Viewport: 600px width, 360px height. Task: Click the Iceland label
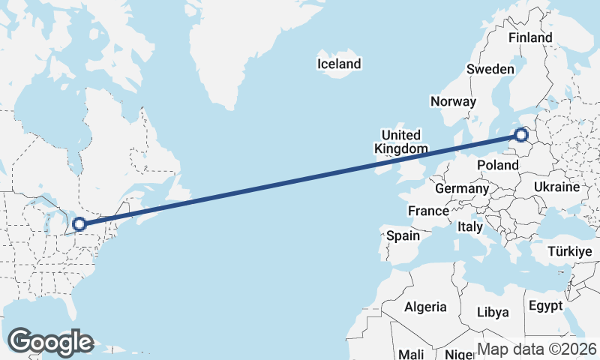pyautogui.click(x=339, y=64)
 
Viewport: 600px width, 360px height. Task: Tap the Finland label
pyautogui.click(x=529, y=37)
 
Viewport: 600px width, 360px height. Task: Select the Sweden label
pyautogui.click(x=490, y=69)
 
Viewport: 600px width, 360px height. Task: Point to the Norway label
pyautogui.click(x=453, y=101)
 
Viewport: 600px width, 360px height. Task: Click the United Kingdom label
pyautogui.click(x=401, y=142)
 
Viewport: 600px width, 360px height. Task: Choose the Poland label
pyautogui.click(x=498, y=165)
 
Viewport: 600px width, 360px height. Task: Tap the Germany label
pyautogui.click(x=461, y=188)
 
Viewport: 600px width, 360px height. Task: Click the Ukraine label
pyautogui.click(x=557, y=187)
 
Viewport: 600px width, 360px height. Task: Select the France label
pyautogui.click(x=428, y=211)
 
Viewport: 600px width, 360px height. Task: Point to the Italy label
pyautogui.click(x=470, y=226)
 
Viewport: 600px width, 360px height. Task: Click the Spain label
pyautogui.click(x=403, y=235)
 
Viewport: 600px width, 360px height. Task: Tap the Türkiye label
pyautogui.click(x=570, y=251)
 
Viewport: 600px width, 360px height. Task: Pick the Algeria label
pyautogui.click(x=425, y=307)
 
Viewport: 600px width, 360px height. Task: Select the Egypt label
pyautogui.click(x=544, y=306)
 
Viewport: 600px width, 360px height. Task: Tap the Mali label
pyautogui.click(x=412, y=353)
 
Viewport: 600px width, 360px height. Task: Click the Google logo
pyautogui.click(x=50, y=342)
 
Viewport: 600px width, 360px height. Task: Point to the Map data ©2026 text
pyautogui.click(x=537, y=349)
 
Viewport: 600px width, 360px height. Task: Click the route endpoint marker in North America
pyautogui.click(x=79, y=223)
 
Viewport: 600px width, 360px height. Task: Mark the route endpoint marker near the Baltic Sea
pyautogui.click(x=522, y=135)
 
